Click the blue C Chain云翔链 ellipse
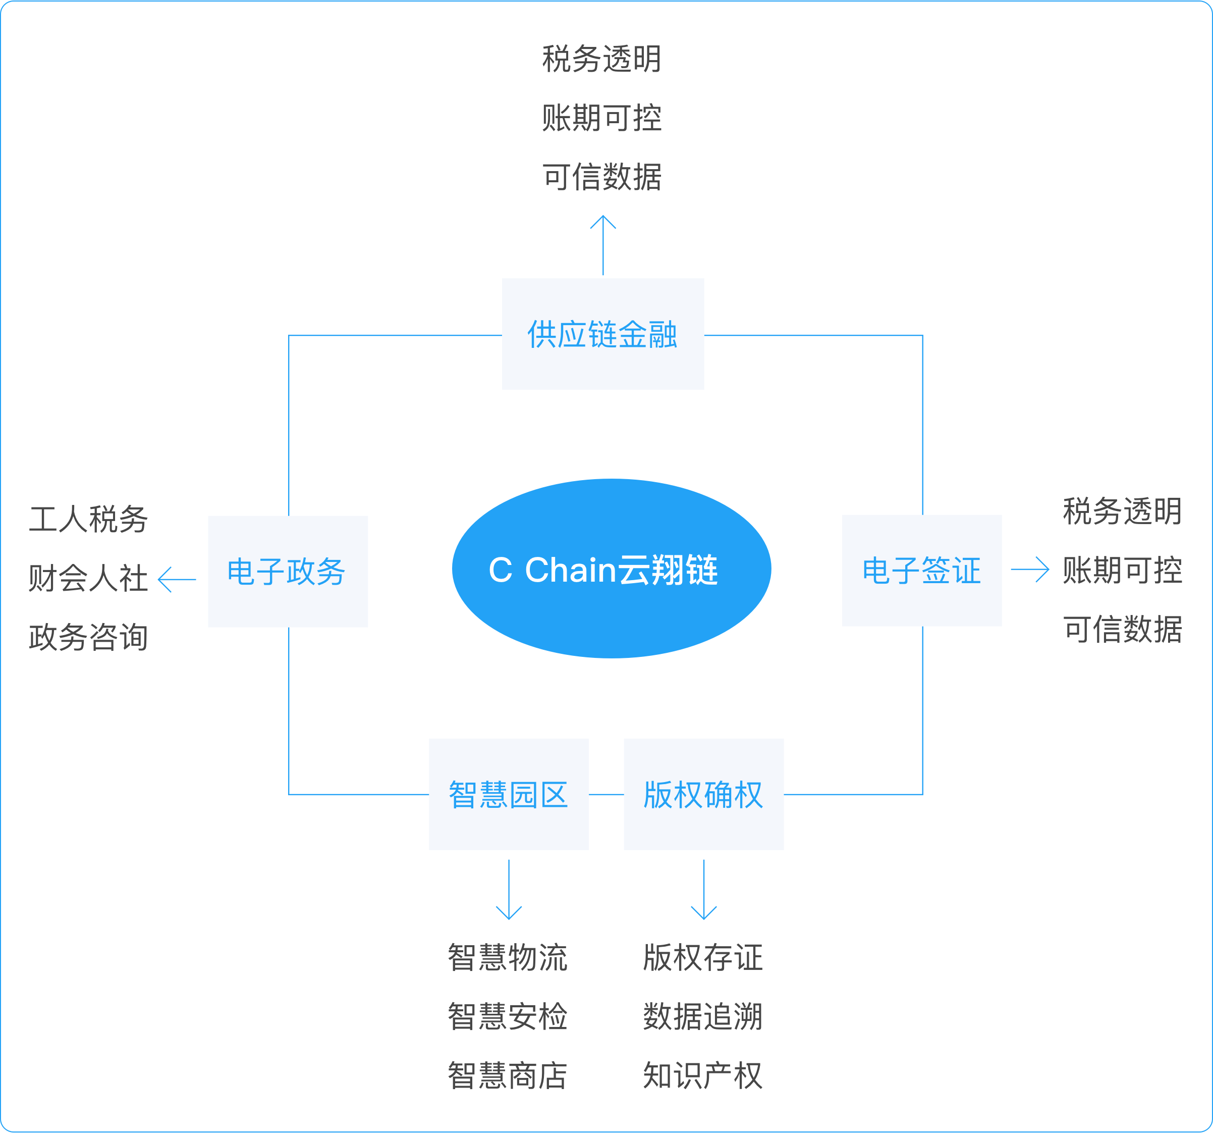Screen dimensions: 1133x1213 coord(612,569)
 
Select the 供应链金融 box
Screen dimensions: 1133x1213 coord(603,334)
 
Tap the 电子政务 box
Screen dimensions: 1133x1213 coord(288,572)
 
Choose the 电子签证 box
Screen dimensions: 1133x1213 coord(921,570)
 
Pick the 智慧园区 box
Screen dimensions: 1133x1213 coord(509,794)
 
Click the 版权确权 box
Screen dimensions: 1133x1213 coord(703,794)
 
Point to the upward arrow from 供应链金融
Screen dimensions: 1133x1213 coord(603,245)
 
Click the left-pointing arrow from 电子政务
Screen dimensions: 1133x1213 coord(177,579)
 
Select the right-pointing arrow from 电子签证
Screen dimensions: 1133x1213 coord(1029,570)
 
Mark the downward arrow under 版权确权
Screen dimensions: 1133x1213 coord(703,890)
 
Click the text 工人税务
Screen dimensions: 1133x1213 coord(88,520)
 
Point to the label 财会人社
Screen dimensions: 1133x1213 coord(88,578)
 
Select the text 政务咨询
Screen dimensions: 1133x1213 coord(88,637)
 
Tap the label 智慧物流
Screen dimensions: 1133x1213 coord(508,957)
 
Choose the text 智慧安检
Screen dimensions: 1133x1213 coord(508,1016)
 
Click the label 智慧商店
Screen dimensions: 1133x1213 coord(508,1075)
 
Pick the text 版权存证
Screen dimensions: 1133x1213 coord(703,957)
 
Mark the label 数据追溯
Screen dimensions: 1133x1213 coord(703,1016)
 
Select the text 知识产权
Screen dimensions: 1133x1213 coord(703,1075)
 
